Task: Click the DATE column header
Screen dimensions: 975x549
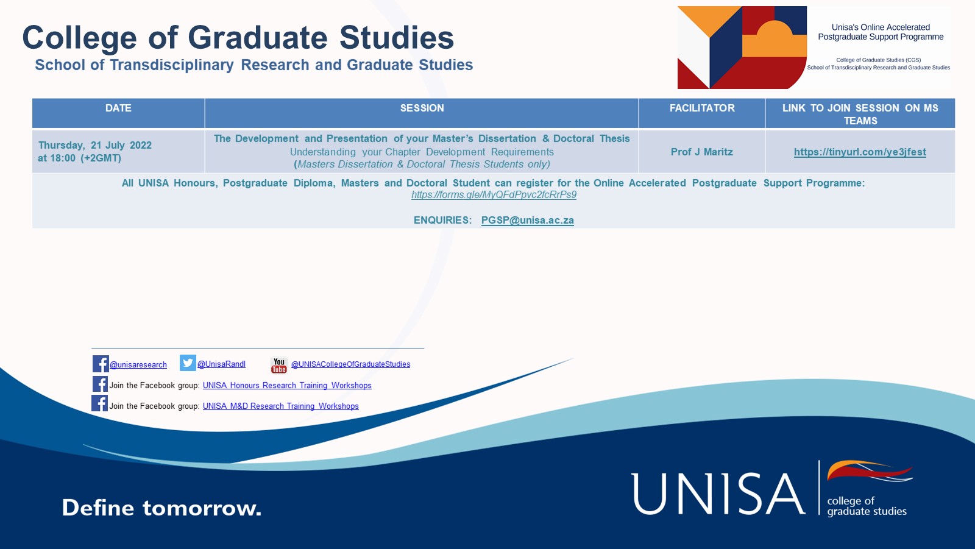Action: tap(118, 108)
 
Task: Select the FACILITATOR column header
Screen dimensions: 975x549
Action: tap(702, 108)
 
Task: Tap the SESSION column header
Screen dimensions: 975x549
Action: tap(422, 108)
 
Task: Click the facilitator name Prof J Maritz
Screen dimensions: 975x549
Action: tap(701, 152)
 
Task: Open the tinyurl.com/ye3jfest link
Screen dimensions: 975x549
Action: tap(860, 152)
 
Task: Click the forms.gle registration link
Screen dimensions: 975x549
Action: tap(494, 194)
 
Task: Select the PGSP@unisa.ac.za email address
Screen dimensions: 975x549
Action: tap(528, 221)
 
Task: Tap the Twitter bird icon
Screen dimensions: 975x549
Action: tap(188, 363)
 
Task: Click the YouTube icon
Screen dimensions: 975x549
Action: tap(279, 365)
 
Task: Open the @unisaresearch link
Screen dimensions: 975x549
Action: tap(138, 365)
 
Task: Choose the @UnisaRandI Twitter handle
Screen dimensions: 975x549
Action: tap(222, 364)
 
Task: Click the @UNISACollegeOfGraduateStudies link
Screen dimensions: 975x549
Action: tap(350, 364)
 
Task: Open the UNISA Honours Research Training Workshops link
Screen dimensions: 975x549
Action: tap(287, 385)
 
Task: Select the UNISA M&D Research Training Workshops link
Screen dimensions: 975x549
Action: tap(281, 406)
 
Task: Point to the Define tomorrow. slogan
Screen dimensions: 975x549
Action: tap(161, 508)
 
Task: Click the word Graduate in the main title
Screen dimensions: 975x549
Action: tap(258, 38)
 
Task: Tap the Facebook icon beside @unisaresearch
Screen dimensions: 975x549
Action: tap(101, 364)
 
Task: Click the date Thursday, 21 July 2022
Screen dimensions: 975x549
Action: tap(95, 146)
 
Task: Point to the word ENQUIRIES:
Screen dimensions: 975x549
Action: tap(442, 221)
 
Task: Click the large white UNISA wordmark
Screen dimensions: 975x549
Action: tap(718, 494)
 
